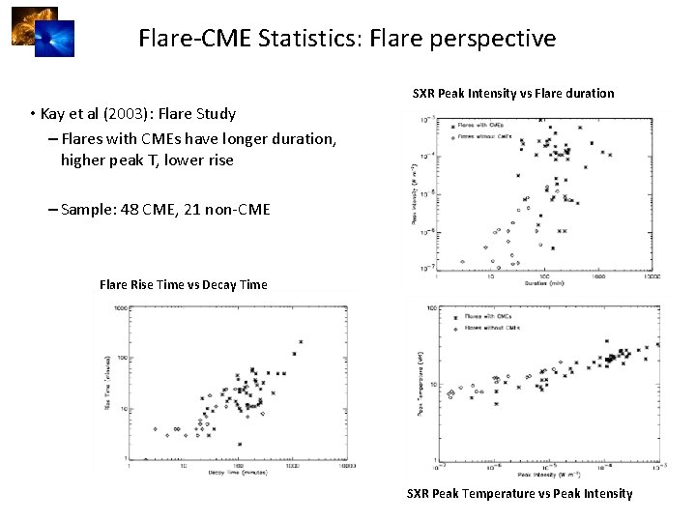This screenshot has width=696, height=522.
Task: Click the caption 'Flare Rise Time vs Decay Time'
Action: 184,284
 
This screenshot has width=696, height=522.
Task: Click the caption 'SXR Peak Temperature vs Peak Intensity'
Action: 520,493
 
